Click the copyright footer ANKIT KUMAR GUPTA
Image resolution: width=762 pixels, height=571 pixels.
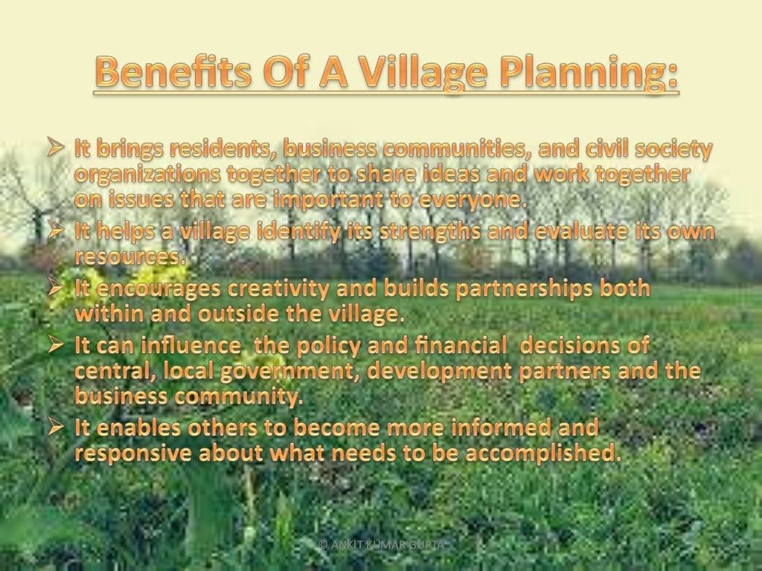pos(381,545)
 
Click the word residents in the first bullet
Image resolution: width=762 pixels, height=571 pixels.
pos(214,149)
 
